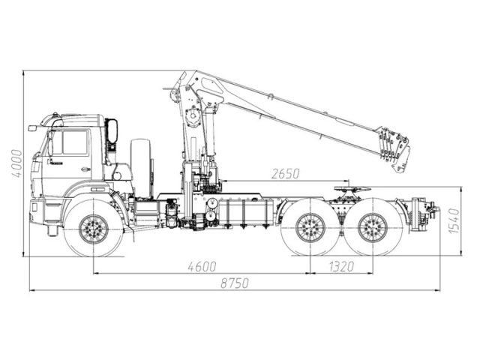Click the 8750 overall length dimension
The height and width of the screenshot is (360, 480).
(235, 283)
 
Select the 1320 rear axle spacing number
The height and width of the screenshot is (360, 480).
(340, 266)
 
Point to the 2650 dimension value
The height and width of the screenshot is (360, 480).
(285, 174)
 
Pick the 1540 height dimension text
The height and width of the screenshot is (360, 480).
(453, 221)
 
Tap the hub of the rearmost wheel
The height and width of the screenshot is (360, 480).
(372, 227)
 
